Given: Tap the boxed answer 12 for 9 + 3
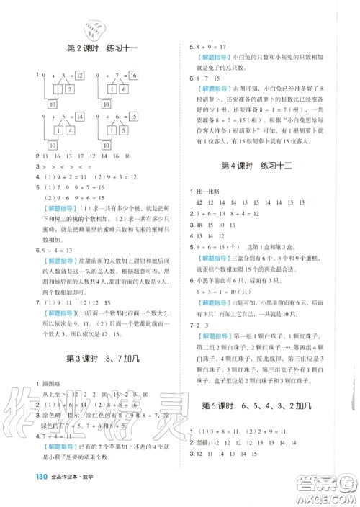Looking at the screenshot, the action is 79,75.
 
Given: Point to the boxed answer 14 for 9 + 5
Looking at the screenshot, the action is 79,116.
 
